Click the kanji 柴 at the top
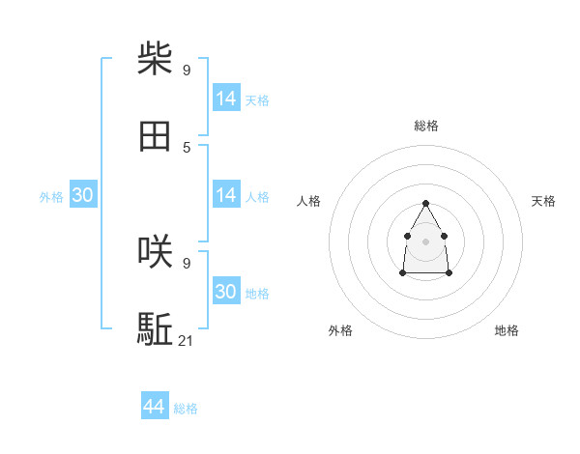(x=155, y=59)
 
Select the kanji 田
(x=155, y=137)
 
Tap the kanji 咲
(x=155, y=252)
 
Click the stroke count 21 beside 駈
(x=187, y=340)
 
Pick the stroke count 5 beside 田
(x=187, y=147)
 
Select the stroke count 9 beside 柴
(x=187, y=70)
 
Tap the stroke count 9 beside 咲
(x=187, y=262)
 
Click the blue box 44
(x=154, y=408)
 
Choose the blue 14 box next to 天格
(x=226, y=99)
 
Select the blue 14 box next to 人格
(x=226, y=195)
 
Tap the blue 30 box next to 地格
(x=226, y=292)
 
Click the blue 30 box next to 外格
(x=83, y=195)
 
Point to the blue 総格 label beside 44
(x=186, y=409)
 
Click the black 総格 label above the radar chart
(x=425, y=126)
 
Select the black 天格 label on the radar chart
(x=543, y=201)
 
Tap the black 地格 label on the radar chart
(x=507, y=330)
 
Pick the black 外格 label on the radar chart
(x=340, y=330)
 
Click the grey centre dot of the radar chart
(x=425, y=241)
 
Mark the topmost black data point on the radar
(x=425, y=203)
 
